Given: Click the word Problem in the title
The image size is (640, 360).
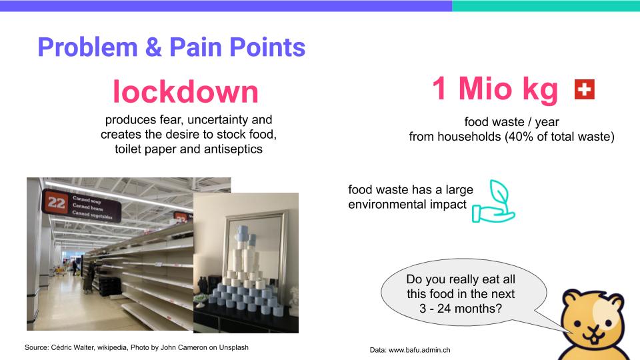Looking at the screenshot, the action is (88, 47).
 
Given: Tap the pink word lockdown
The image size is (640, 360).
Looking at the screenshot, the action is (186, 91).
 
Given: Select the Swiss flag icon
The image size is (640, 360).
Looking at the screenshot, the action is (584, 89).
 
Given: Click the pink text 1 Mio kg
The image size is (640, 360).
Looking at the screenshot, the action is (495, 89).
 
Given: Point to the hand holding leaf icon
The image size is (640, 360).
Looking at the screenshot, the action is (493, 201).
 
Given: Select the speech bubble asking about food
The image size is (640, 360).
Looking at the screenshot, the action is (464, 293).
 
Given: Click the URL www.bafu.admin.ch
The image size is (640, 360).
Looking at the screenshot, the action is (419, 350).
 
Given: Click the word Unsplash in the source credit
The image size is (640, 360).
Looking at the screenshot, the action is (233, 347).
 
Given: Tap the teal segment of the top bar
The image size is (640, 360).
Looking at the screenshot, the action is (546, 6).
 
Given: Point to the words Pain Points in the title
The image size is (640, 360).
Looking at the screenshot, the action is (237, 47).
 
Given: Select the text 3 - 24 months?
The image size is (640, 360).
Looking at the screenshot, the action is (461, 309).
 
